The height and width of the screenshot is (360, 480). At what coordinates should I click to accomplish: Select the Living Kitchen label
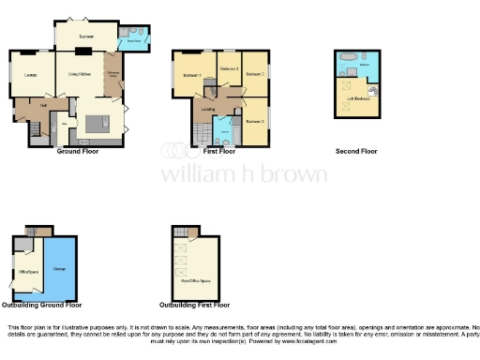click(79, 73)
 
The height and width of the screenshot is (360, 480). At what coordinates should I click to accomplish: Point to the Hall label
click(43, 105)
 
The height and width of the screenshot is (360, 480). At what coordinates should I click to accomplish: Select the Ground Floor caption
click(78, 151)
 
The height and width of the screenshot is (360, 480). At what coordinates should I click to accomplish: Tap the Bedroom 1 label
click(192, 75)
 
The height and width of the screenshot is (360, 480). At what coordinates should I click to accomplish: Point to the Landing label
click(207, 109)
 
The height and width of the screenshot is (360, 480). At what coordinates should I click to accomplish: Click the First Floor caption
click(219, 151)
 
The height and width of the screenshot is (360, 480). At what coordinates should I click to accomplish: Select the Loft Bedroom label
click(357, 98)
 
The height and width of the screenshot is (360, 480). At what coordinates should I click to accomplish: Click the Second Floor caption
click(356, 151)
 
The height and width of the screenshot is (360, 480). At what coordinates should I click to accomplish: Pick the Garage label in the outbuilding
click(60, 269)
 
